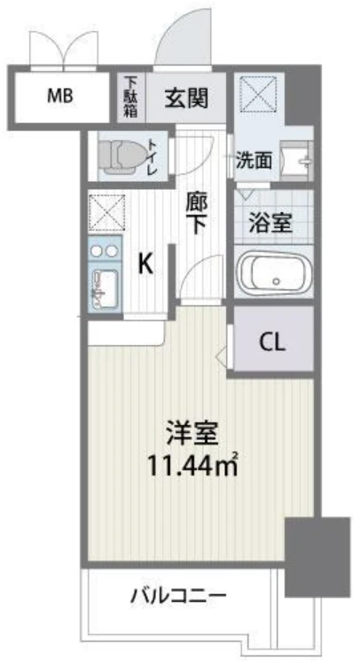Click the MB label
59,97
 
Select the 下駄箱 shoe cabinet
130,97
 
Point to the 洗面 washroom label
254,161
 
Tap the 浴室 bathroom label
270,223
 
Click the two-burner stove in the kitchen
105,250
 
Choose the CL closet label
272,343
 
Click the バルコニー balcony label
178,596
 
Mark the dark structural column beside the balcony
317,556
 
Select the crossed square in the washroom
258,94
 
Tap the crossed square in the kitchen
107,212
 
